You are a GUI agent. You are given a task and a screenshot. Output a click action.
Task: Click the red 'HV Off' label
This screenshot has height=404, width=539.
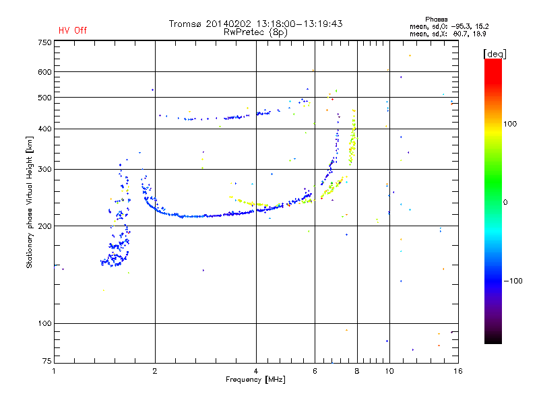tap(73, 30)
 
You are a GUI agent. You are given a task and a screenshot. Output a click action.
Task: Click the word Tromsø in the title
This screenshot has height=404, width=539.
tap(185, 24)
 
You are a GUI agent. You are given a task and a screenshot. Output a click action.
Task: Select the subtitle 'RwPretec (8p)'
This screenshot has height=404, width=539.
tap(255, 32)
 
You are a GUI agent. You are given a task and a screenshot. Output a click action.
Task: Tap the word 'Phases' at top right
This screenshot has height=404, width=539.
tap(436, 20)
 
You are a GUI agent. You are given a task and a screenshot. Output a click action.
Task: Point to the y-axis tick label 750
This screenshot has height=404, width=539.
tap(44, 42)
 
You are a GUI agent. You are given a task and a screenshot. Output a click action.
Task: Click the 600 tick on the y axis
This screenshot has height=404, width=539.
tap(44, 72)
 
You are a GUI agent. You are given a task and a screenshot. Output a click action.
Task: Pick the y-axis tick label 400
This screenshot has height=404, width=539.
tap(44, 129)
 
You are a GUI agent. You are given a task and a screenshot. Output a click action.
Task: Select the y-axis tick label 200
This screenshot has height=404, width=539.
tap(44, 226)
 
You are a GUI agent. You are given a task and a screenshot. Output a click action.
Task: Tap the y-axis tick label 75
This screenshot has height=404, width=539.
tap(47, 361)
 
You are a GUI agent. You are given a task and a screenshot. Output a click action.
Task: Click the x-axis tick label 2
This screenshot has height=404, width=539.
tap(155, 371)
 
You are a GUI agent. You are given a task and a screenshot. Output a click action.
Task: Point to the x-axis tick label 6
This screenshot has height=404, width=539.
tap(315, 371)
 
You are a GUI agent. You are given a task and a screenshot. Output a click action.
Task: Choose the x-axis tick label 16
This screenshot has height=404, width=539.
tap(458, 371)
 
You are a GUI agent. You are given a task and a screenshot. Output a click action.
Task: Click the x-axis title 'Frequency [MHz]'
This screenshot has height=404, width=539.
tap(255, 380)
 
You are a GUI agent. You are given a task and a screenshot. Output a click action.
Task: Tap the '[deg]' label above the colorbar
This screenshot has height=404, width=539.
tap(495, 54)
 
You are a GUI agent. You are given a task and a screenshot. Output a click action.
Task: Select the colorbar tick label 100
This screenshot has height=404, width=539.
tap(510, 124)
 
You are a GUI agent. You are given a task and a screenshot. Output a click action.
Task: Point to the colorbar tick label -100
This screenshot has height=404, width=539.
tap(513, 281)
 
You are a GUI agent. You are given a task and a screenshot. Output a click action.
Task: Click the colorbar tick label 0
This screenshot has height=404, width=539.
tap(505, 203)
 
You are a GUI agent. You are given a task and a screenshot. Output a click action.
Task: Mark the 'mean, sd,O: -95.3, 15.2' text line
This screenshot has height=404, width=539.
tap(449, 26)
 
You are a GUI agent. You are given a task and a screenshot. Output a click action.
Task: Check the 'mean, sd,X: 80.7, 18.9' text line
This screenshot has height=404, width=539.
tap(447, 34)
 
